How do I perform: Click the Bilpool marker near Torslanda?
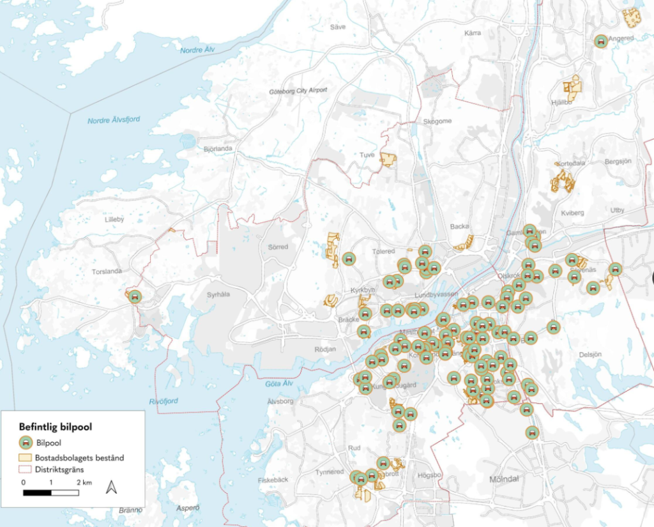click(x=134, y=296)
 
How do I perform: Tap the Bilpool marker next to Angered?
click(x=600, y=42)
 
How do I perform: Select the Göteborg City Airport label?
click(x=298, y=91)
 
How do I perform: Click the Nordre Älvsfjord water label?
click(x=114, y=120)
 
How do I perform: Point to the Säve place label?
click(x=337, y=27)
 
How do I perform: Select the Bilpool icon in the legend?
click(x=26, y=441)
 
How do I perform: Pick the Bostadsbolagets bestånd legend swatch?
click(x=26, y=457)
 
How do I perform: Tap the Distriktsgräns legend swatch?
click(x=26, y=471)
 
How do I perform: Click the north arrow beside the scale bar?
click(x=111, y=487)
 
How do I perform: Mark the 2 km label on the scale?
click(x=84, y=482)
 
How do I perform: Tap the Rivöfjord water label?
click(x=163, y=401)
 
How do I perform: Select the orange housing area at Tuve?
click(x=388, y=160)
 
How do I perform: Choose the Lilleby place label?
click(x=114, y=219)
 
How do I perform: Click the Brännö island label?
click(x=131, y=510)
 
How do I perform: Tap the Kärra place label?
click(x=473, y=33)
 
